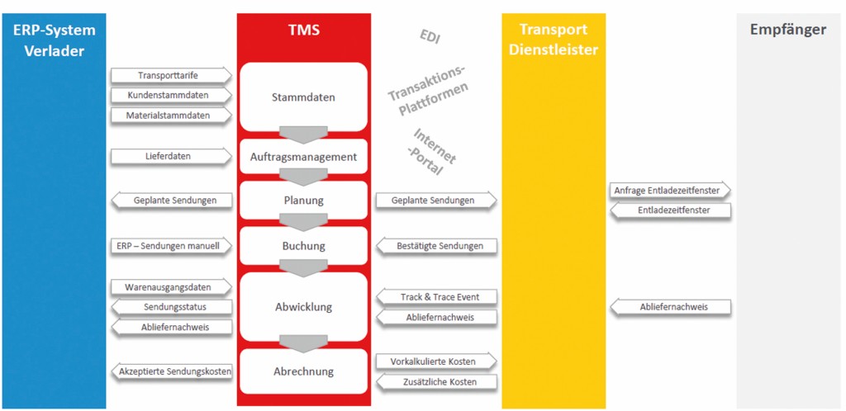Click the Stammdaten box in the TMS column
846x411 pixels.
point(303,97)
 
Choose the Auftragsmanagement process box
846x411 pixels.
point(303,157)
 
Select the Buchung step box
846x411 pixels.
point(303,246)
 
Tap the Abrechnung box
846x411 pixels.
point(303,371)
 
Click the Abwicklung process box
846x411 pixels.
point(303,307)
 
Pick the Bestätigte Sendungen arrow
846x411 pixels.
point(435,246)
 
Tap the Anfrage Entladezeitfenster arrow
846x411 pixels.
point(670,191)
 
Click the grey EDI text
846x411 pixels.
point(430,36)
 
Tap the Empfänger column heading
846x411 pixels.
point(787,31)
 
